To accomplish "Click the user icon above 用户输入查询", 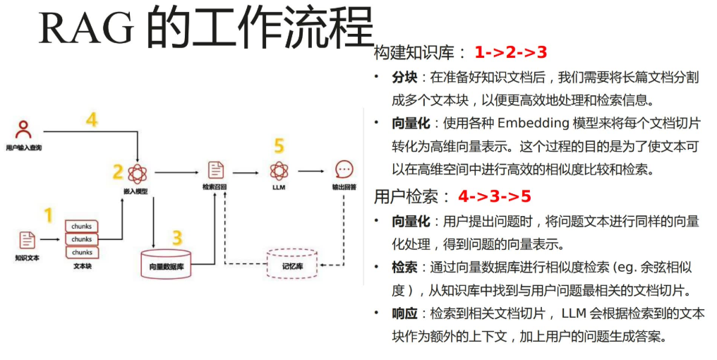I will (24, 129).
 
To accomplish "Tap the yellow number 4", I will (92, 120).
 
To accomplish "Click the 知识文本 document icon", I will (27, 240).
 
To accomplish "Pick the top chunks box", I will (82, 227).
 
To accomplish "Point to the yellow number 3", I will (177, 236).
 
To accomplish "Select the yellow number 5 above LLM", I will (279, 146).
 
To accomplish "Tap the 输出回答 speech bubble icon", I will (344, 170).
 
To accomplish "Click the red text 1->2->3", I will (511, 52).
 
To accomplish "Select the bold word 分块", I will (405, 77).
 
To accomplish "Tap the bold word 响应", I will (405, 313).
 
